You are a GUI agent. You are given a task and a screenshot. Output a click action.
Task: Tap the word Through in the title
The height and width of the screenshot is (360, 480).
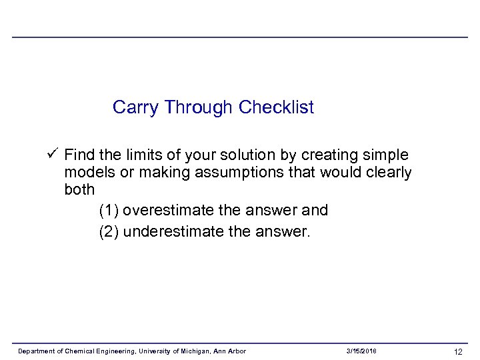(199, 107)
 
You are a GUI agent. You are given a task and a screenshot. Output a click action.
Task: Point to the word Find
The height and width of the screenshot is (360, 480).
(80, 155)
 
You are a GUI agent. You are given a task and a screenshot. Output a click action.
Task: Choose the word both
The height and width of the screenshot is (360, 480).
(79, 190)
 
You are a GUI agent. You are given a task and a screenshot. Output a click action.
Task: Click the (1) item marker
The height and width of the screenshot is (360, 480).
(109, 211)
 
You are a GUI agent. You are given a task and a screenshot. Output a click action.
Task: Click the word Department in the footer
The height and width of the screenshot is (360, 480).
(35, 351)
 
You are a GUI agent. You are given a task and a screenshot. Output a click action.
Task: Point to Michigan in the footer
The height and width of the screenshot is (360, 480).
(193, 351)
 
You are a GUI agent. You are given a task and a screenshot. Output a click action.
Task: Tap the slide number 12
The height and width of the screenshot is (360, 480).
(458, 351)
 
